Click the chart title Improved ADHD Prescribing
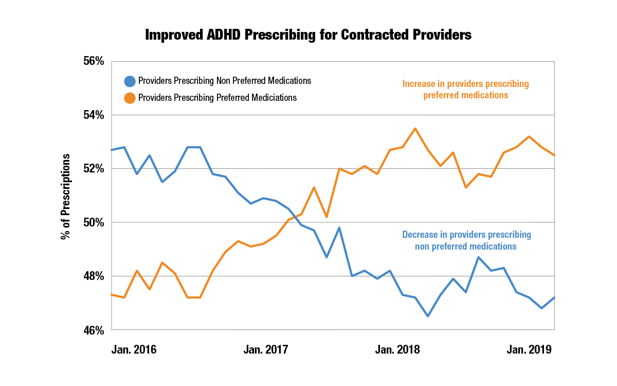click(308, 35)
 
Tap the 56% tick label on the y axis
click(94, 61)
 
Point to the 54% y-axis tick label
click(94, 115)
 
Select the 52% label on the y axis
click(94, 169)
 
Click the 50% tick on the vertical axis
click(94, 222)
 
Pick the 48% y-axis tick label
click(94, 276)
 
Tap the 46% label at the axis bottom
click(94, 330)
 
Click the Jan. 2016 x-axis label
click(134, 350)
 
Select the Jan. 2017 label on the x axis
click(266, 350)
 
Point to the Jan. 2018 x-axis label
click(397, 350)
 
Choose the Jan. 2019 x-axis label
click(529, 350)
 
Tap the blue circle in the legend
click(130, 81)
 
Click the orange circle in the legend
click(130, 98)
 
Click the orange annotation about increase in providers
click(465, 89)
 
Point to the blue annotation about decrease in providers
click(466, 240)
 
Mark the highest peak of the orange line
click(415, 129)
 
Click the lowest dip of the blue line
click(428, 316)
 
